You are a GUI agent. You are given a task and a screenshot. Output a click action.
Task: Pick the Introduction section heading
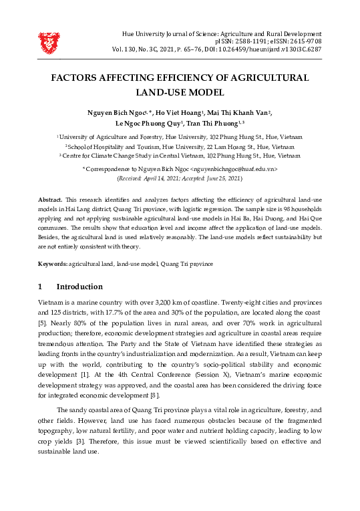click(x=79, y=287)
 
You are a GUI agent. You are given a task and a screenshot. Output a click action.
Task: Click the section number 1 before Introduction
click(x=40, y=287)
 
